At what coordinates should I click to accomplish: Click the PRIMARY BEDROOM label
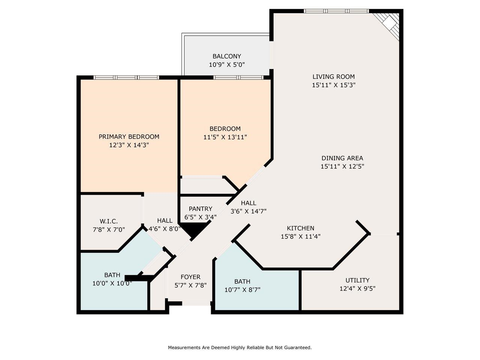click(x=129, y=136)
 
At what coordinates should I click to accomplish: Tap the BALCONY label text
click(x=226, y=56)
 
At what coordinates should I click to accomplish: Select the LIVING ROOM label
click(x=333, y=77)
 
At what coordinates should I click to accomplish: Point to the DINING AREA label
click(x=342, y=158)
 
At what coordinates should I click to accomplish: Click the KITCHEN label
click(x=300, y=228)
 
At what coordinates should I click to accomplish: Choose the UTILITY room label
click(x=357, y=280)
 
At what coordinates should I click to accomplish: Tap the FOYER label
click(x=190, y=277)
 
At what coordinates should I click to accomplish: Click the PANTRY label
click(x=200, y=209)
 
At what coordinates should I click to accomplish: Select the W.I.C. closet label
click(x=109, y=221)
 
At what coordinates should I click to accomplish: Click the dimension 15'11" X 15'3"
click(x=333, y=85)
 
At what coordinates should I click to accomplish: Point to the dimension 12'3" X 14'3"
click(x=129, y=145)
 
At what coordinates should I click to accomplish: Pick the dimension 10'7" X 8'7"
click(x=242, y=289)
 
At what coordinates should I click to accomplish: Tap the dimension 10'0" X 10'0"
click(x=112, y=283)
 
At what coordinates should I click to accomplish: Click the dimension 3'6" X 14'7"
click(x=249, y=211)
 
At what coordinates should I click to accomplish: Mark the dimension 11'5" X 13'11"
click(x=225, y=137)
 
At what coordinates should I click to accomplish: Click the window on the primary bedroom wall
click(x=126, y=78)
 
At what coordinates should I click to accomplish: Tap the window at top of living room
click(x=336, y=11)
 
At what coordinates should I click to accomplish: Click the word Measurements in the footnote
click(x=184, y=348)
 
